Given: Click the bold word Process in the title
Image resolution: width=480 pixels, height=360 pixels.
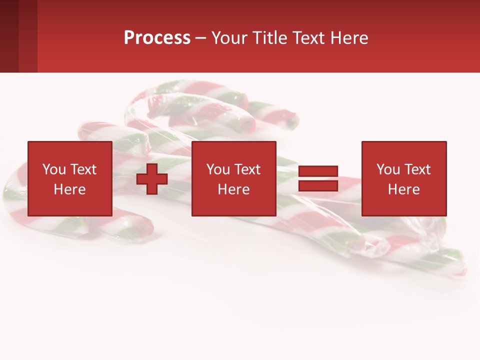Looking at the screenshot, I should click(157, 38).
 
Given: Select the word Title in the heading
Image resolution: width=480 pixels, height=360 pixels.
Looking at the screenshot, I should click(272, 38).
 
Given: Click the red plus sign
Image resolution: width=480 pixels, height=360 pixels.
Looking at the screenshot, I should click(152, 179).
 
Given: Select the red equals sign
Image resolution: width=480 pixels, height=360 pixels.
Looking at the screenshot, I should click(318, 178).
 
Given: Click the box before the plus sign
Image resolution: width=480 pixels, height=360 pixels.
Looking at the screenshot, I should click(70, 178).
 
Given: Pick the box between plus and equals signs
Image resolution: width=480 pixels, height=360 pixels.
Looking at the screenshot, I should click(234, 178).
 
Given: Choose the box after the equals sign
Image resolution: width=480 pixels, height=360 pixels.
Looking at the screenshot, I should click(404, 178).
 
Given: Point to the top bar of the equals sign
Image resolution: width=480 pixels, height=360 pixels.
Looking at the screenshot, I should click(318, 171).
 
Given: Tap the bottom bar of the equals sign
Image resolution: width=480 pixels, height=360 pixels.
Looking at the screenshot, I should click(318, 185).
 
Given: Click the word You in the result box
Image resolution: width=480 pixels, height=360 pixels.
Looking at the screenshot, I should click(388, 169).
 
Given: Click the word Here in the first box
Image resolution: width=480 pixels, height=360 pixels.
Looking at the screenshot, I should click(70, 189).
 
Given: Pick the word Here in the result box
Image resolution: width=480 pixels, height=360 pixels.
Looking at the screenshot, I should click(404, 189).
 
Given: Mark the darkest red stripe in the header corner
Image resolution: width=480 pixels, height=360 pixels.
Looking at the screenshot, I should click(9, 36).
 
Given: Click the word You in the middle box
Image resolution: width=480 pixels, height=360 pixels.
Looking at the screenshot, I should click(218, 169).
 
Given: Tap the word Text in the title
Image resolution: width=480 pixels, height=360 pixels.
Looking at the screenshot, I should click(309, 38).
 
